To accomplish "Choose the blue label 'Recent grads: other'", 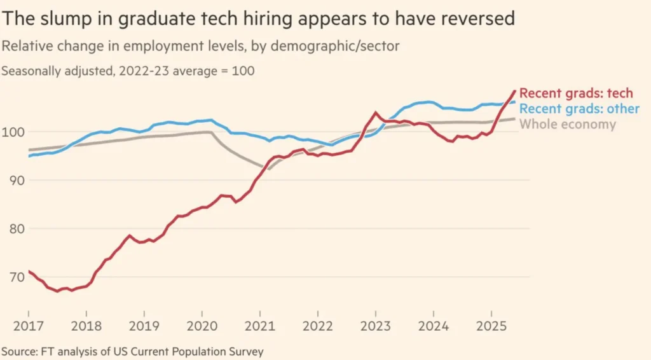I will coord(580,109).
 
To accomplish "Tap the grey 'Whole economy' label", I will coord(568,124).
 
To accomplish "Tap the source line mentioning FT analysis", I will coord(132,351).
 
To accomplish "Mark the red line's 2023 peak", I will coord(376,113).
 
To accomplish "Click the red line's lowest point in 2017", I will coord(57,291).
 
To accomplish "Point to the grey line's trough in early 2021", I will coord(268,169).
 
